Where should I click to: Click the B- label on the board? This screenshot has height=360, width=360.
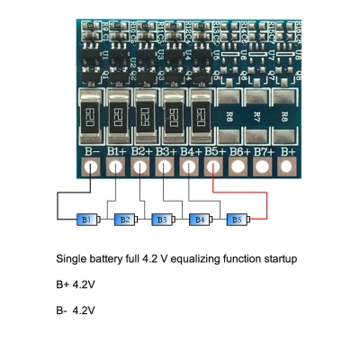[x=93, y=152]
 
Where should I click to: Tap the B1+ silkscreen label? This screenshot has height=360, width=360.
[x=117, y=152]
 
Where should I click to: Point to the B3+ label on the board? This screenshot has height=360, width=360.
[x=166, y=152]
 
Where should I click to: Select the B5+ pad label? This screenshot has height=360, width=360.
[x=215, y=152]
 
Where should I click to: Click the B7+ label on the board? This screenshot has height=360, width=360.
[x=264, y=152]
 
